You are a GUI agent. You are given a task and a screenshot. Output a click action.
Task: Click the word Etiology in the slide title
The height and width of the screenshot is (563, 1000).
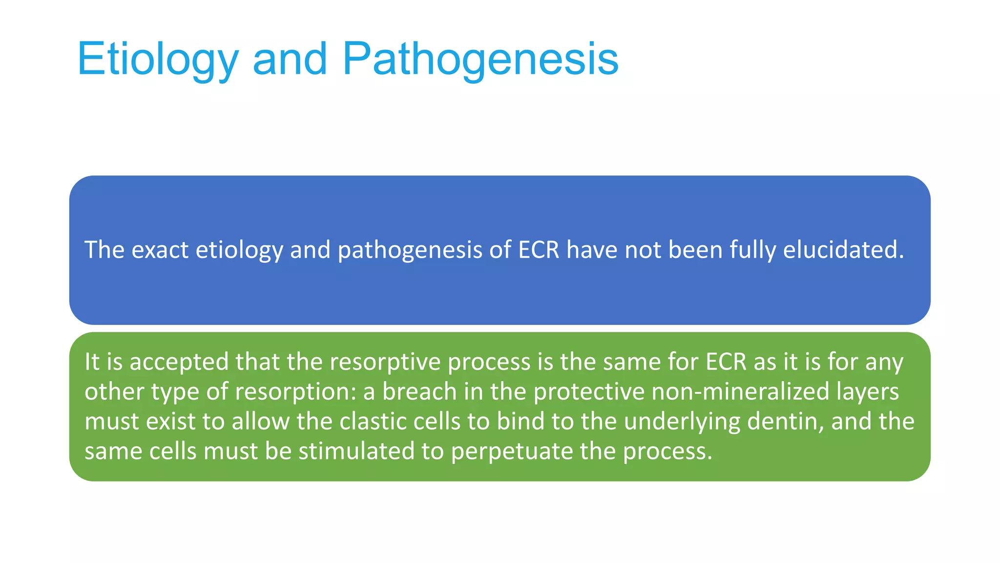pyautogui.click(x=157, y=59)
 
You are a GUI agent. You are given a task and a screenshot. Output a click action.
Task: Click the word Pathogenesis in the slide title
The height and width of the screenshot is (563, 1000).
pyautogui.click(x=480, y=59)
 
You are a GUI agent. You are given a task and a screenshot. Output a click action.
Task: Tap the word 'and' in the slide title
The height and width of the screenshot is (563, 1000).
pyautogui.click(x=290, y=59)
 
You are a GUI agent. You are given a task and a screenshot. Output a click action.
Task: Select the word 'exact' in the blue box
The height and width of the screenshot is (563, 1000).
pyautogui.click(x=160, y=250)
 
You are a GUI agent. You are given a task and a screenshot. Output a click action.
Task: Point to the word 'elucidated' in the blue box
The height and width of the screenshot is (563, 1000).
pyautogui.click(x=844, y=250)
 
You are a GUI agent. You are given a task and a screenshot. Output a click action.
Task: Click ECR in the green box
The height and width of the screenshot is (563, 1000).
pyautogui.click(x=726, y=362)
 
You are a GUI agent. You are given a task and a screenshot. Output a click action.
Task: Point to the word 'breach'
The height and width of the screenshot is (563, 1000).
pyautogui.click(x=419, y=391)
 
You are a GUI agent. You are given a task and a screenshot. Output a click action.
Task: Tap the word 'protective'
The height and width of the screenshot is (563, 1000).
pyautogui.click(x=589, y=391)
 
